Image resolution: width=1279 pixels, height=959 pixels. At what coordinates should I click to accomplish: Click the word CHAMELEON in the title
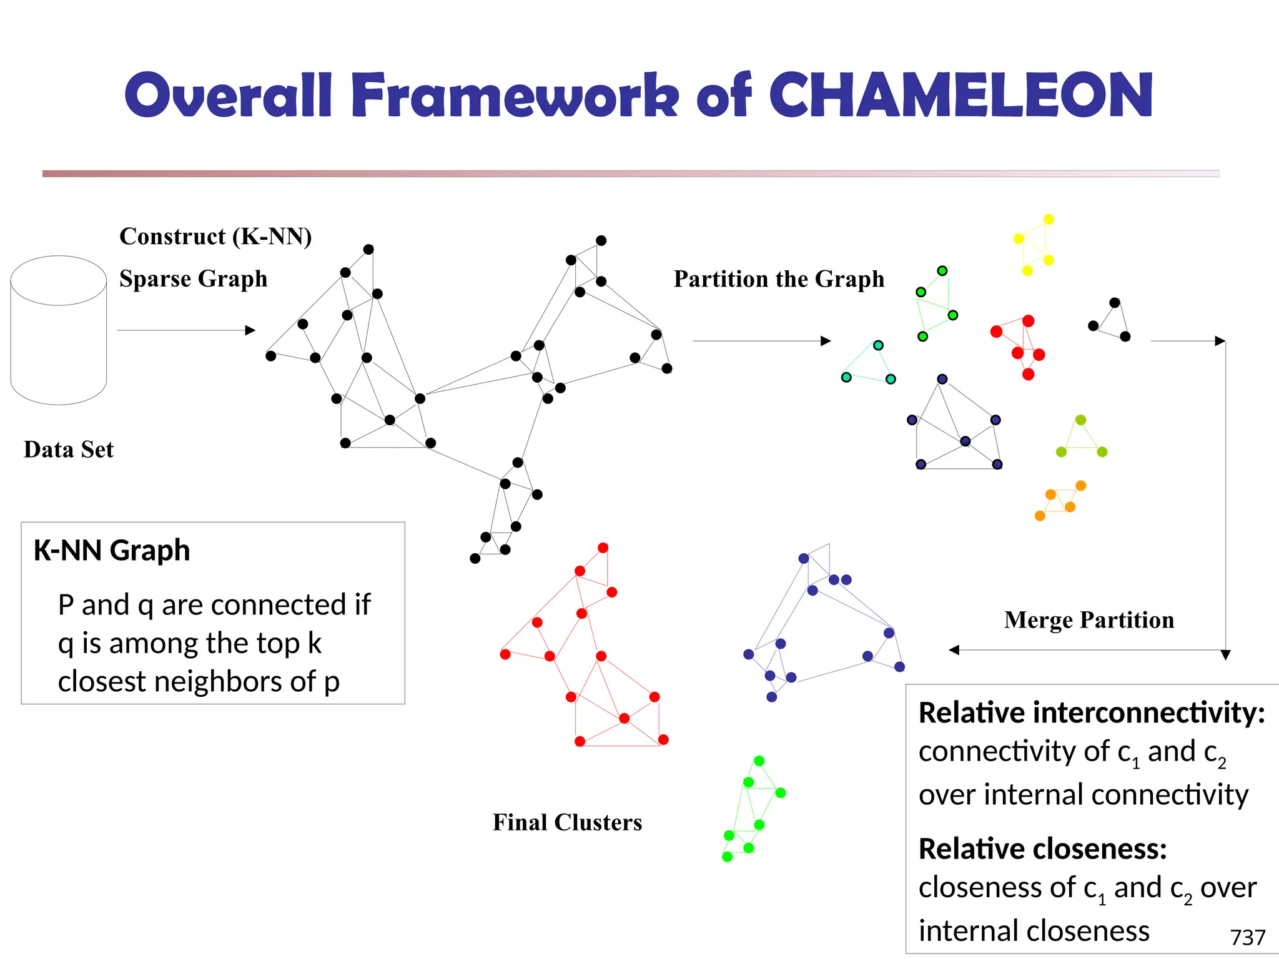[960, 95]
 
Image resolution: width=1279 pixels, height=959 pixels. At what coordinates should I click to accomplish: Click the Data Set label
[69, 450]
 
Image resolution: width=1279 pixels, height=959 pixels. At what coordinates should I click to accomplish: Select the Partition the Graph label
[779, 279]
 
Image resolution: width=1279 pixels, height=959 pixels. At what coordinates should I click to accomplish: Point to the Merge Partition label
[1089, 620]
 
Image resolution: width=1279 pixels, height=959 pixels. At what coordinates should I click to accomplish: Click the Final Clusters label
[567, 822]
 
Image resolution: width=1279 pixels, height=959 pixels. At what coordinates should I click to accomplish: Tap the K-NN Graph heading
[112, 551]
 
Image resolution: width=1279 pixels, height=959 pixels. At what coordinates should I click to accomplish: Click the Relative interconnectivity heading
[1092, 713]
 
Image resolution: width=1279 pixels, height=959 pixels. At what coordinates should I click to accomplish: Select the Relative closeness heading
[1042, 849]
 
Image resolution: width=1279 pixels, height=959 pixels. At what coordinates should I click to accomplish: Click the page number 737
[1247, 937]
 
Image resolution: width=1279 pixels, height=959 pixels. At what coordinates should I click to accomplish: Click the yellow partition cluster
[1035, 245]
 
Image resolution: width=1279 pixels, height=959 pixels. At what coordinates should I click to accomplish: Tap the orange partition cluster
[1060, 501]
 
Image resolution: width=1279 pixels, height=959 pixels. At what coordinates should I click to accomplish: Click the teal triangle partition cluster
[869, 364]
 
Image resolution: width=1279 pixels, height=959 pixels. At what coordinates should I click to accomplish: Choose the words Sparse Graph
[193, 278]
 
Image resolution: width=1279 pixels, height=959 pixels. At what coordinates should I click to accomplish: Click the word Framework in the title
[514, 95]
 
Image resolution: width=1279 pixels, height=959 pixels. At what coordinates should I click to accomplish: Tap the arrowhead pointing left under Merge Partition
[954, 650]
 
